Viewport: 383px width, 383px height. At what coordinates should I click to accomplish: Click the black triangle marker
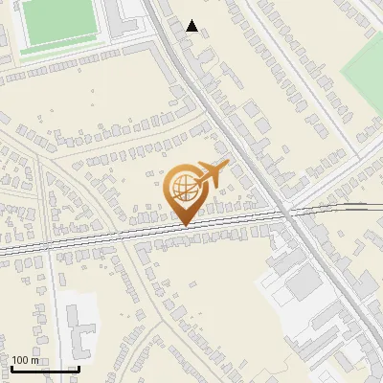pyautogui.click(x=192, y=26)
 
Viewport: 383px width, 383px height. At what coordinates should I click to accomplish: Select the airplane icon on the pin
pyautogui.click(x=210, y=173)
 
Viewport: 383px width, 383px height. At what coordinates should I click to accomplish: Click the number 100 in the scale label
pyautogui.click(x=20, y=360)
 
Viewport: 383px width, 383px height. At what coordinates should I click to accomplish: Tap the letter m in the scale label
pyautogui.click(x=34, y=360)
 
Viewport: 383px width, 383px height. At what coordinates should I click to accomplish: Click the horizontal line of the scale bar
pyautogui.click(x=44, y=369)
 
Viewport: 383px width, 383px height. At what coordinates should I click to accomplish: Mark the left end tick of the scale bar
pyautogui.click(x=11, y=367)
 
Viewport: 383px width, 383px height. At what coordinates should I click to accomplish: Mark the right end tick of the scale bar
pyautogui.click(x=78, y=367)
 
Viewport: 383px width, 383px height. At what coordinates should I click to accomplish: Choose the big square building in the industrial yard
pyautogui.click(x=304, y=282)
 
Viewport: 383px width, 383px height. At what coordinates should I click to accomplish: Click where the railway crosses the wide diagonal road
pyautogui.click(x=286, y=214)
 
